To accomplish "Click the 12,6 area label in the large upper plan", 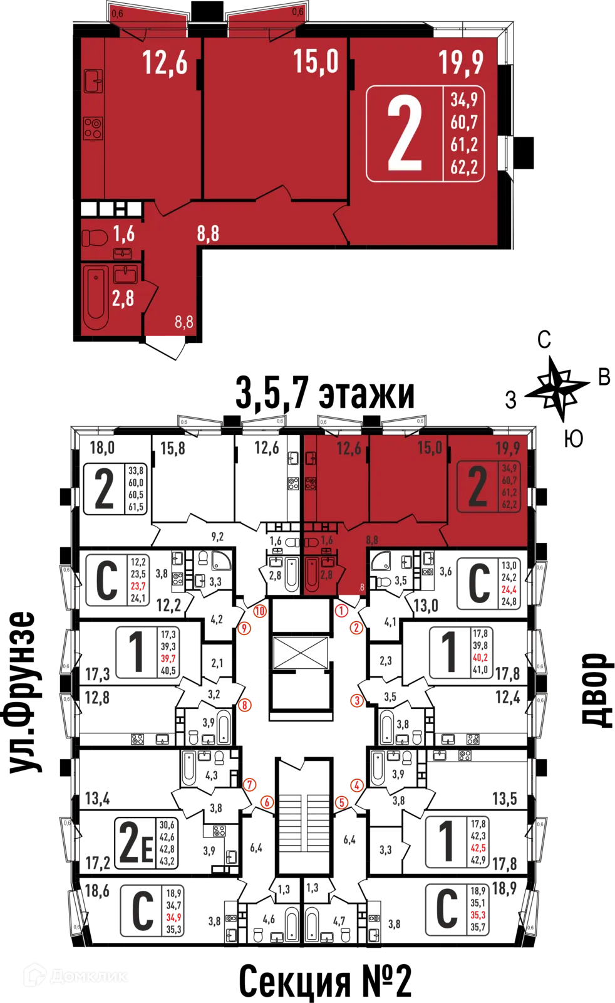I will click(x=165, y=63).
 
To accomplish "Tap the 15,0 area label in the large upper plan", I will click(x=316, y=61).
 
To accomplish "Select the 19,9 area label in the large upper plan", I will click(x=460, y=62).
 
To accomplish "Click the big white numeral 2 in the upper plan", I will click(x=405, y=134).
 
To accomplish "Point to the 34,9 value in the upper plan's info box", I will click(x=464, y=100).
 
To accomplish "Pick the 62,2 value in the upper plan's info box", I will click(x=464, y=167).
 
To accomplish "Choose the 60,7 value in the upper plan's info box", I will click(x=464, y=122).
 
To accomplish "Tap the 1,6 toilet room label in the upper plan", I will click(x=123, y=234).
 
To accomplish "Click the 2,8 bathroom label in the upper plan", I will click(x=123, y=298).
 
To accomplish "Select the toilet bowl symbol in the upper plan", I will click(x=95, y=238).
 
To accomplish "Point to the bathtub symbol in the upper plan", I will click(x=96, y=297).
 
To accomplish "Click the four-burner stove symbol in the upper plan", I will click(x=93, y=129).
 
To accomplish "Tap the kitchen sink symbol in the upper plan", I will click(x=93, y=81).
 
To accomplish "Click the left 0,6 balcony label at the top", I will click(x=117, y=13).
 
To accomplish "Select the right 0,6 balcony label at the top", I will click(x=297, y=12).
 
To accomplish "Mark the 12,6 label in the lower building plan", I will click(x=349, y=448).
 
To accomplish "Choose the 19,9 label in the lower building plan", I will click(x=507, y=448).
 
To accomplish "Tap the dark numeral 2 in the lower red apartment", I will click(x=478, y=487).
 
